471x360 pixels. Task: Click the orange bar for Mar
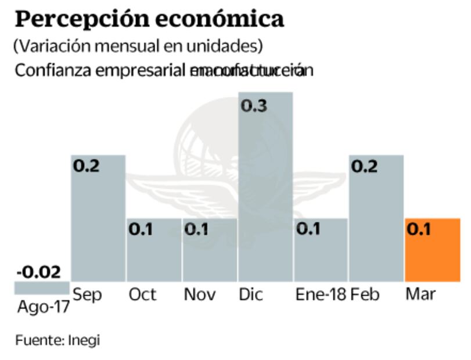pos(432,250)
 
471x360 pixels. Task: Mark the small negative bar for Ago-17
pos(42,287)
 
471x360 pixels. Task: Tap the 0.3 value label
pos(254,106)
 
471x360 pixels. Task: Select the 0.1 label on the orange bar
pos(418,229)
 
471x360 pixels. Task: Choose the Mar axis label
pos(420,294)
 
